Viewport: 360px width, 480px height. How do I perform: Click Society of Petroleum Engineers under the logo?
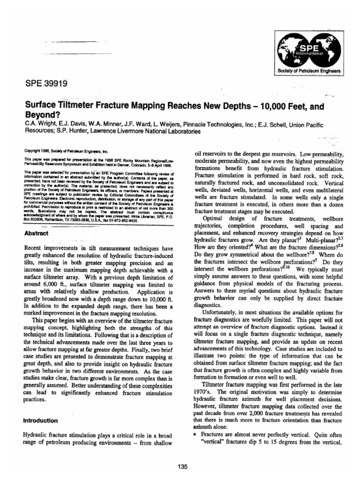310,72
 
